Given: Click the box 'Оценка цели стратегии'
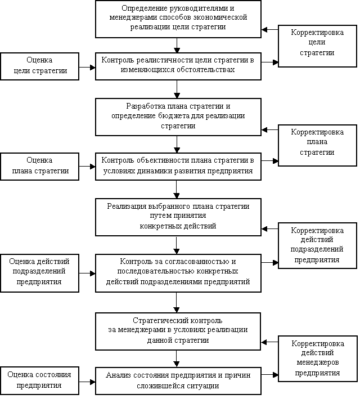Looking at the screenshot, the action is [x=40, y=66].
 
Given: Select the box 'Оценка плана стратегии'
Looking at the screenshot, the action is [x=40, y=167].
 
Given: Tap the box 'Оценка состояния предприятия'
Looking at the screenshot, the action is [x=40, y=380].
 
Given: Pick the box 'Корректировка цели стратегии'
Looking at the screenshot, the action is [x=317, y=46].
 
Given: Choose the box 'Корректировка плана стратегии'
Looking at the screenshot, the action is [x=317, y=146].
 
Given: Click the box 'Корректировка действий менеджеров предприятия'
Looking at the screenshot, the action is [x=318, y=358].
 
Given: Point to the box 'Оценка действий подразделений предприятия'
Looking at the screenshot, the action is [x=40, y=273].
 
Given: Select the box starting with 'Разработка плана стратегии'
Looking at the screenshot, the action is [x=178, y=117].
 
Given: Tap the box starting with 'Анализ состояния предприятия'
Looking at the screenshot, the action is [x=178, y=381].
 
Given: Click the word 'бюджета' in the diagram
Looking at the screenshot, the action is [x=174, y=116].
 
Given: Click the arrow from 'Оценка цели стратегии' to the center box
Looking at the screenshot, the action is [x=87, y=68].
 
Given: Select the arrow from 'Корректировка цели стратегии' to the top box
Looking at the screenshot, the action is [x=269, y=29].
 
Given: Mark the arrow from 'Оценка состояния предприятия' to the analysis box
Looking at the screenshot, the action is [x=87, y=382].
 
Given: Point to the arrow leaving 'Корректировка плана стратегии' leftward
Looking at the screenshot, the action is [x=269, y=130].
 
